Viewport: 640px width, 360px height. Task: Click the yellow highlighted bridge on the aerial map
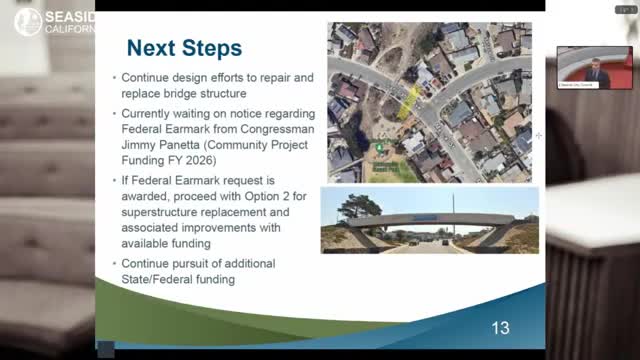click(407, 100)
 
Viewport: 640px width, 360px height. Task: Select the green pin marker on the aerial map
click(380, 148)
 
